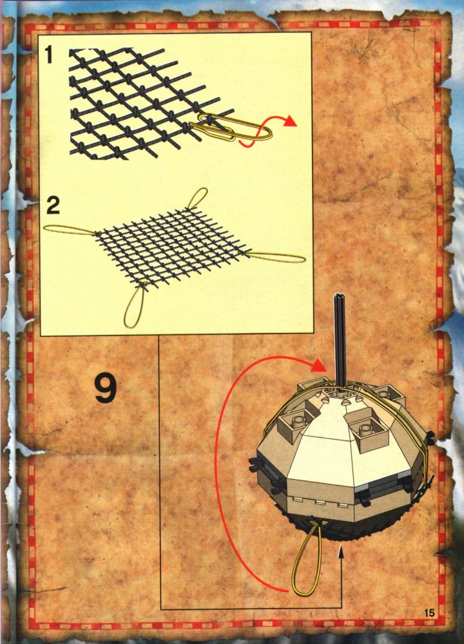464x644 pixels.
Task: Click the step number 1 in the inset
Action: coord(49,55)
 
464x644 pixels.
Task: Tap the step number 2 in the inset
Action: coord(53,205)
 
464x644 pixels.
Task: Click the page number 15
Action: coord(429,613)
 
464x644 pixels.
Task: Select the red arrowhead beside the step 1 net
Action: coord(290,120)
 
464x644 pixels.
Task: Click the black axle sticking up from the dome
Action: coord(340,341)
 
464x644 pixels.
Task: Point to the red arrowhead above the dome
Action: coord(319,365)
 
